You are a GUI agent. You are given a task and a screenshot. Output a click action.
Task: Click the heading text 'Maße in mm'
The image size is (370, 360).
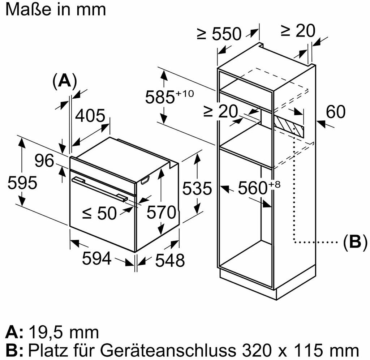(56, 9)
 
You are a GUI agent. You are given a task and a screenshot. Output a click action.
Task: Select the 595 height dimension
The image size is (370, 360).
(22, 183)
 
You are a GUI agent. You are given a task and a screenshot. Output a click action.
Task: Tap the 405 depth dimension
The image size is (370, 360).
(90, 116)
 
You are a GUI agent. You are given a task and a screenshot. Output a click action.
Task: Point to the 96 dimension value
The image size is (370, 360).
(45, 161)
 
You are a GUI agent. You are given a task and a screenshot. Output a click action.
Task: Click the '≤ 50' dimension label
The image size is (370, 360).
(99, 213)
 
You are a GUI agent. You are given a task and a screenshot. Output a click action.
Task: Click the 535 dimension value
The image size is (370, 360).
(196, 188)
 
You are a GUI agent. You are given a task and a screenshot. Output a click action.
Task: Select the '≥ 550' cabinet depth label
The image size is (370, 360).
(219, 34)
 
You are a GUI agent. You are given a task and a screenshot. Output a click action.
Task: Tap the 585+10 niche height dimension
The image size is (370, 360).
(169, 97)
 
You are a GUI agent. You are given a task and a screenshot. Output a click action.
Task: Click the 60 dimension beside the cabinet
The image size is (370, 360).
(335, 112)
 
